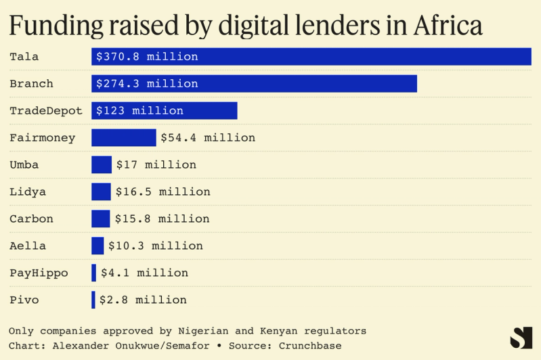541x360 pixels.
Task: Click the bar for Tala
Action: coord(311,57)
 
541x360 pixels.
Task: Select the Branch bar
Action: coord(254,84)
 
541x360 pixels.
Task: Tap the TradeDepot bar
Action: coord(165,111)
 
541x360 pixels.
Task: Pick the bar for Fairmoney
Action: coord(124,138)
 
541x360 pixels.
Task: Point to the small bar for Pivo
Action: coord(93,300)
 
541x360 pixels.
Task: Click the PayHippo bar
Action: coord(94,273)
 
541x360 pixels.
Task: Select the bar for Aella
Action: coord(98,246)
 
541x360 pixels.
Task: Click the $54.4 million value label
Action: coord(208,138)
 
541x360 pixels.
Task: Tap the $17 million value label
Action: coord(156,165)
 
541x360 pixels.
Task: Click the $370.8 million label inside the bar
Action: coord(147,57)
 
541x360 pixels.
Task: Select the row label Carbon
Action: coord(31,219)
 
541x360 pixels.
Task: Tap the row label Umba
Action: coord(24,165)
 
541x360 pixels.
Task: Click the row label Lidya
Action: coord(28,192)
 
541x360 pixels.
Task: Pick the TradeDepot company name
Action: coord(46,111)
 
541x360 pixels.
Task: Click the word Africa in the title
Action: coord(444,26)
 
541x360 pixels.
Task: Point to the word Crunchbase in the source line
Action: coord(307,346)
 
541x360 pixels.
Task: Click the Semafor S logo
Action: coord(521,338)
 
